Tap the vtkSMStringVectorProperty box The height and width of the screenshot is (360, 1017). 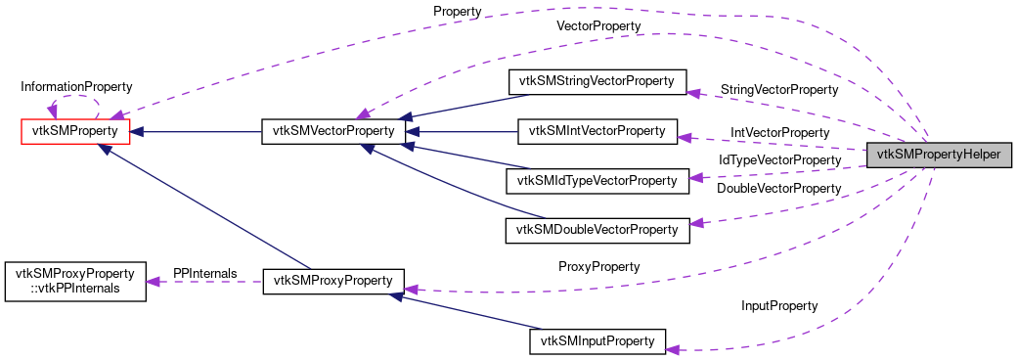[597, 81]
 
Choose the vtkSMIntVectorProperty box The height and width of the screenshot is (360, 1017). [597, 130]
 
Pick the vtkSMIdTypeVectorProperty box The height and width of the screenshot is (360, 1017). [597, 180]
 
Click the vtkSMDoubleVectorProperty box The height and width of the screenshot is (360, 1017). [597, 230]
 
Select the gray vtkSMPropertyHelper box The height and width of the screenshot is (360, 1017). [938, 155]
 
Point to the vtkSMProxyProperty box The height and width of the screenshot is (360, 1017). [332, 281]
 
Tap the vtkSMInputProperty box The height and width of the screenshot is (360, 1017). [597, 341]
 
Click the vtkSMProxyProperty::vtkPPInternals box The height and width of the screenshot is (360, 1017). [75, 281]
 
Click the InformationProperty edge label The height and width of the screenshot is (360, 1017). [77, 87]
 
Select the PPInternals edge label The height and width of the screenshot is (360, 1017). [204, 272]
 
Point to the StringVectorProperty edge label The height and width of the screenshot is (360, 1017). [778, 89]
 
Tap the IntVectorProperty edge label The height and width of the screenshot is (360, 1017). [779, 131]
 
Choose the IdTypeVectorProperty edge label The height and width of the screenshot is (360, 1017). [779, 158]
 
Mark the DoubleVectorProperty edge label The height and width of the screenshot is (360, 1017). [778, 188]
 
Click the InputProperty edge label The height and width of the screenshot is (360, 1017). [778, 305]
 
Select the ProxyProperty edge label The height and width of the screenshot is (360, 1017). [598, 266]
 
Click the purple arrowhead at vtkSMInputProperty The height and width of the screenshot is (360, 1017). [673, 348]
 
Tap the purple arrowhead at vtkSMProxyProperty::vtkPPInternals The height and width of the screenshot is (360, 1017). [154, 282]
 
